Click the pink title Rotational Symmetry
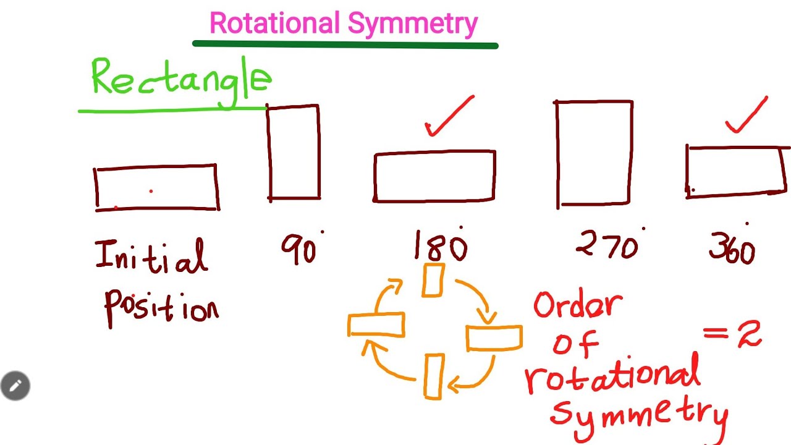pos(344,23)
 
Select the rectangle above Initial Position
pos(156,187)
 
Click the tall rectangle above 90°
pos(294,153)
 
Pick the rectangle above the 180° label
pos(434,176)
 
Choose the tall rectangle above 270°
pos(594,153)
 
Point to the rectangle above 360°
pos(736,172)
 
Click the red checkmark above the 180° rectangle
pos(449,117)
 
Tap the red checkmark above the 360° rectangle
pos(746,117)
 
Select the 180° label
pos(440,246)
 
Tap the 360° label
pos(732,248)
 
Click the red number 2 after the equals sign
pos(748,334)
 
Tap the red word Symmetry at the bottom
pos(640,413)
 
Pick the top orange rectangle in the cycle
pos(433,280)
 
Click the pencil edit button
pos(15,386)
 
